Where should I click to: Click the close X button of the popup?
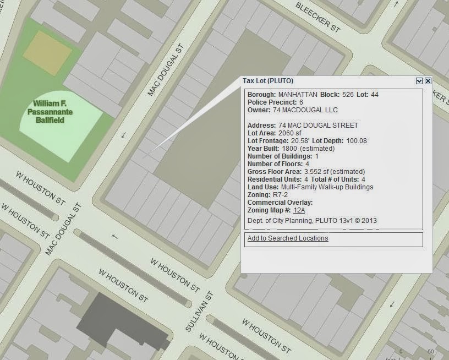(428, 81)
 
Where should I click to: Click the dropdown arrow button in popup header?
(419, 81)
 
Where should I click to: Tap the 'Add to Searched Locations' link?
(288, 238)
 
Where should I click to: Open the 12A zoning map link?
(299, 210)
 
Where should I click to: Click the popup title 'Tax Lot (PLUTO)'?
(268, 81)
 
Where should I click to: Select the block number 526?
(348, 95)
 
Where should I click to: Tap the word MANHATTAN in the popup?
(298, 95)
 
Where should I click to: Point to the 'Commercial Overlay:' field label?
(272, 203)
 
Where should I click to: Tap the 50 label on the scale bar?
(430, 352)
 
